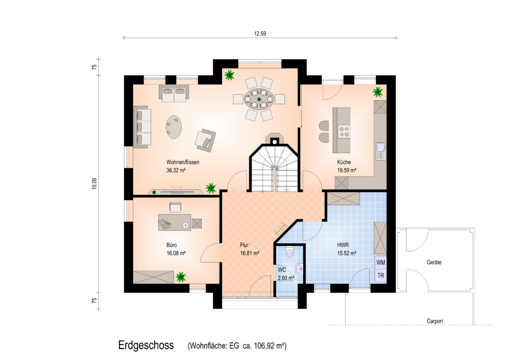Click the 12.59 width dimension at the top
[260, 33]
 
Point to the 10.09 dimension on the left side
[95, 184]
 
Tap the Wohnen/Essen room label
[183, 162]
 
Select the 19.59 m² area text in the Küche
[347, 170]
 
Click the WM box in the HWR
[380, 262]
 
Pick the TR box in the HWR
[380, 275]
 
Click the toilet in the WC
[290, 253]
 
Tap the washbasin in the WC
[299, 269]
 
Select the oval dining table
[259, 99]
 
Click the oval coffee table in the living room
[173, 127]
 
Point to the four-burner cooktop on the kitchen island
[344, 132]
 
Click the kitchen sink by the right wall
[381, 151]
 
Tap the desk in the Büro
[175, 222]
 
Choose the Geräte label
[434, 262]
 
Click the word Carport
[435, 321]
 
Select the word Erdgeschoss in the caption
[146, 345]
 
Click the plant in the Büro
[180, 277]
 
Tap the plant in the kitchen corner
[378, 92]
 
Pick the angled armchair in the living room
[205, 140]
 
